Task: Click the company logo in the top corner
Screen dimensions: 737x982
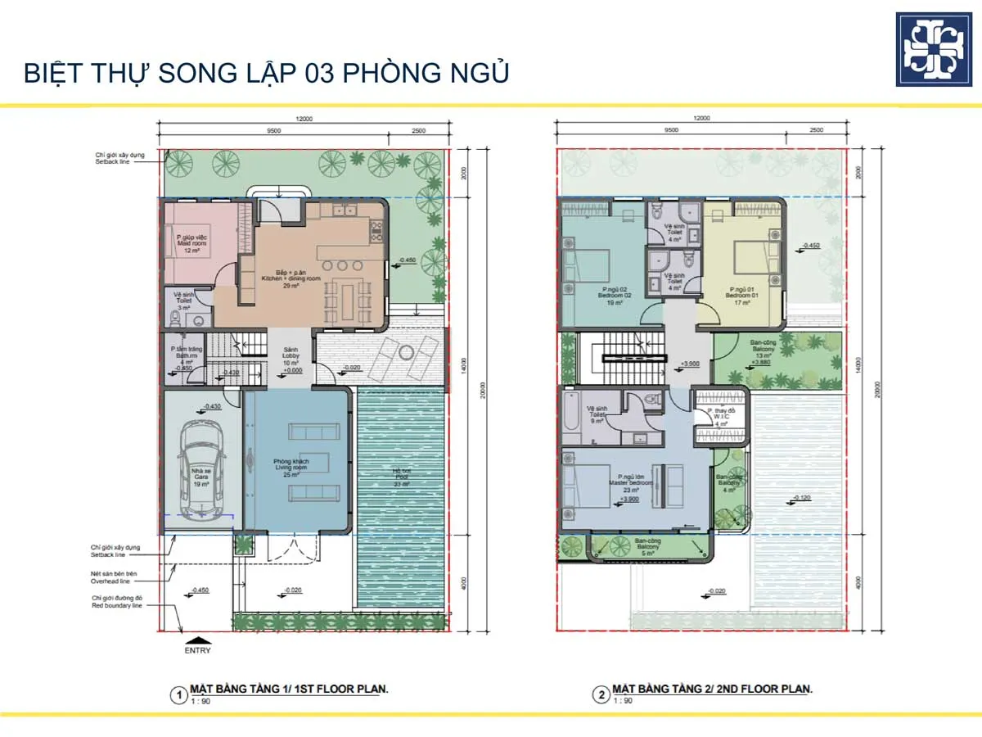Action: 935,49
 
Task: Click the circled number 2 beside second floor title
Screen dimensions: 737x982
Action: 601,695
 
